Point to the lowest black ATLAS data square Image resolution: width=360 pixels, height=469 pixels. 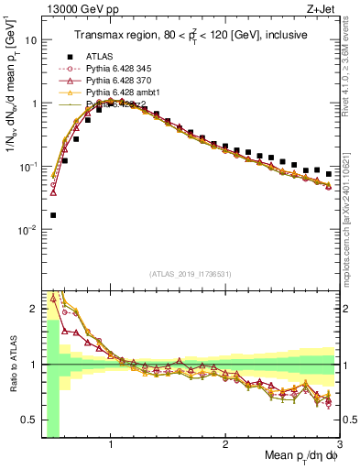point(53,215)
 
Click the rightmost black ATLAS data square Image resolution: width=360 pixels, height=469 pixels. point(328,174)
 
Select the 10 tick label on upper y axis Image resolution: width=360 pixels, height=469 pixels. point(31,40)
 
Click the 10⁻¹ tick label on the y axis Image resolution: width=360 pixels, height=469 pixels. point(27,167)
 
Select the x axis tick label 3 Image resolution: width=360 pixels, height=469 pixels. point(338,445)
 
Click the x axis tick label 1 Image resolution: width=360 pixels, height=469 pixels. point(111,445)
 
